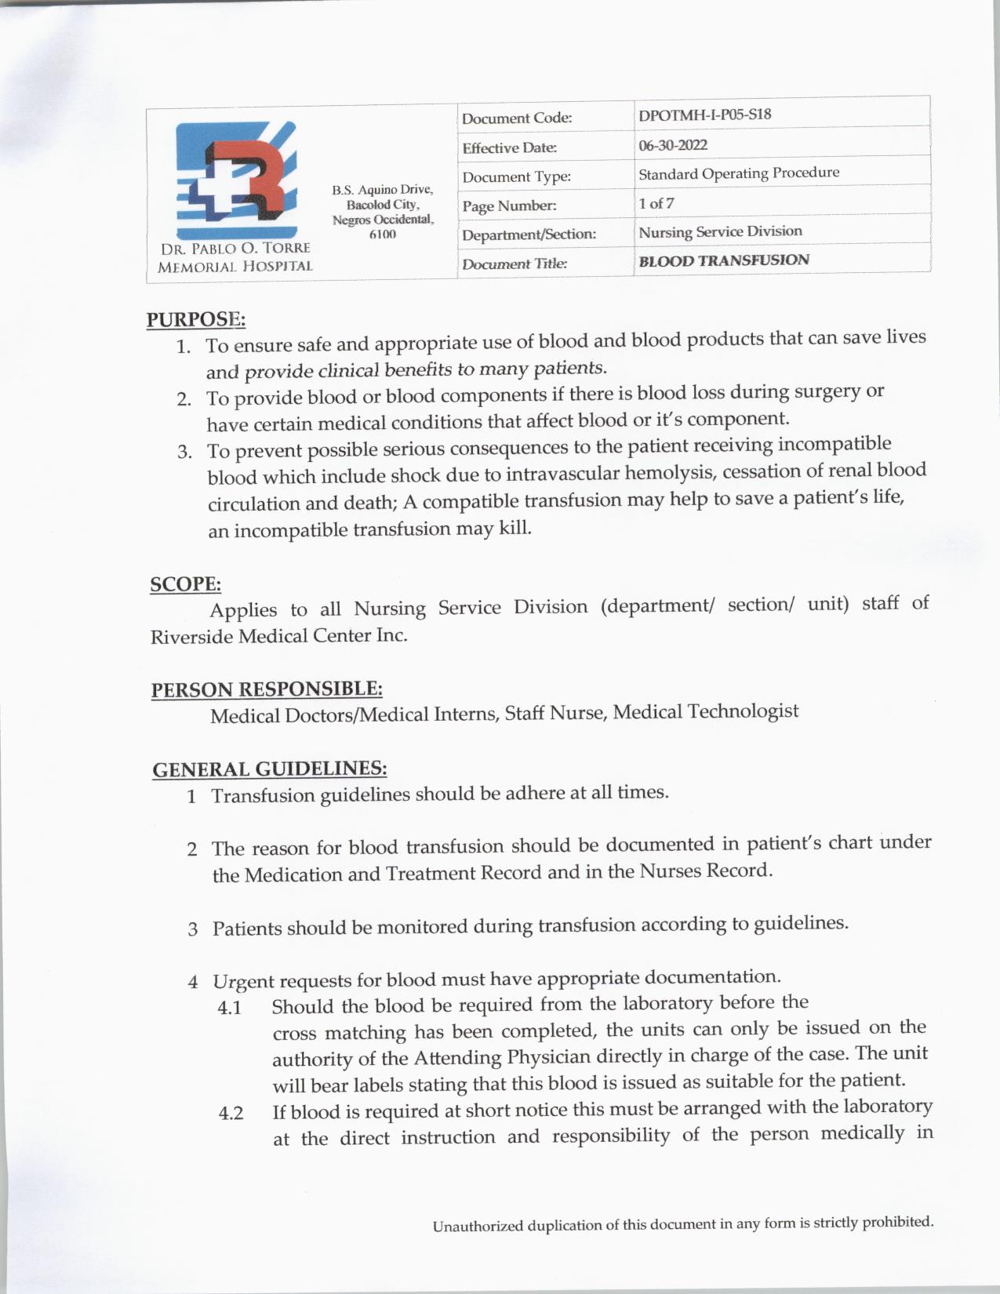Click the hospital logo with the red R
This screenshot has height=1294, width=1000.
(x=236, y=180)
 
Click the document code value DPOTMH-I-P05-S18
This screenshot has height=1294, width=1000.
(x=704, y=114)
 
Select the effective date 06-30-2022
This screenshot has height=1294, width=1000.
(x=673, y=145)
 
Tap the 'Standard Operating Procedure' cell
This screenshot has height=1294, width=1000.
(x=738, y=173)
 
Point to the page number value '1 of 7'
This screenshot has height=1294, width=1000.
(x=656, y=203)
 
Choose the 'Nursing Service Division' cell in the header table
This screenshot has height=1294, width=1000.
(x=720, y=231)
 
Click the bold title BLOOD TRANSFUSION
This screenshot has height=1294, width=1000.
(x=723, y=260)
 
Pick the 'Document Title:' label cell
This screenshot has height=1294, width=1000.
(x=514, y=264)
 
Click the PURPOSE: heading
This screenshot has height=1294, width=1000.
(x=196, y=319)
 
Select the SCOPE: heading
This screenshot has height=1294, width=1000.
(x=185, y=584)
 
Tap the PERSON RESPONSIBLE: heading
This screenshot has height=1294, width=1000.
(x=267, y=689)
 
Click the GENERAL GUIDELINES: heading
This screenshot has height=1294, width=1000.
(x=269, y=769)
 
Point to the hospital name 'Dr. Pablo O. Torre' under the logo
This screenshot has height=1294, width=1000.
(x=235, y=249)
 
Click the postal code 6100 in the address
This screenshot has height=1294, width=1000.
(x=382, y=234)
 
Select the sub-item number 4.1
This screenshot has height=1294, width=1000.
(x=230, y=1008)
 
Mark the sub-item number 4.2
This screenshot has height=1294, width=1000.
(x=231, y=1114)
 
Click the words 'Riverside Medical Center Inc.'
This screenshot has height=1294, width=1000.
(x=279, y=635)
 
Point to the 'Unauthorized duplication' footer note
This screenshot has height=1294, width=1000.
(x=682, y=1224)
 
